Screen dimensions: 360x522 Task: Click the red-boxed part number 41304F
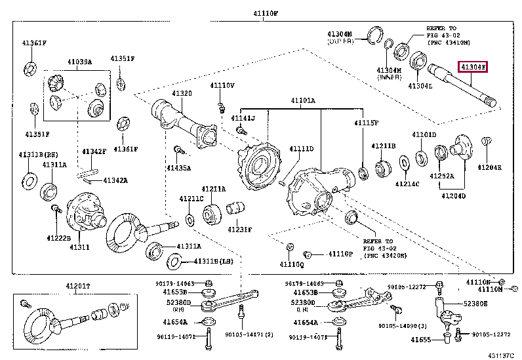pos(472,68)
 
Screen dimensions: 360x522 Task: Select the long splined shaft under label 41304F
pos(462,85)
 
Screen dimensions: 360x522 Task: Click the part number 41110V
pos(222,85)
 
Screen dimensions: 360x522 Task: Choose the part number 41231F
pos(239,229)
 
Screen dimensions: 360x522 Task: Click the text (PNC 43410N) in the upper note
pos(449,43)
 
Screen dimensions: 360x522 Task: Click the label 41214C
pos(407,185)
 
